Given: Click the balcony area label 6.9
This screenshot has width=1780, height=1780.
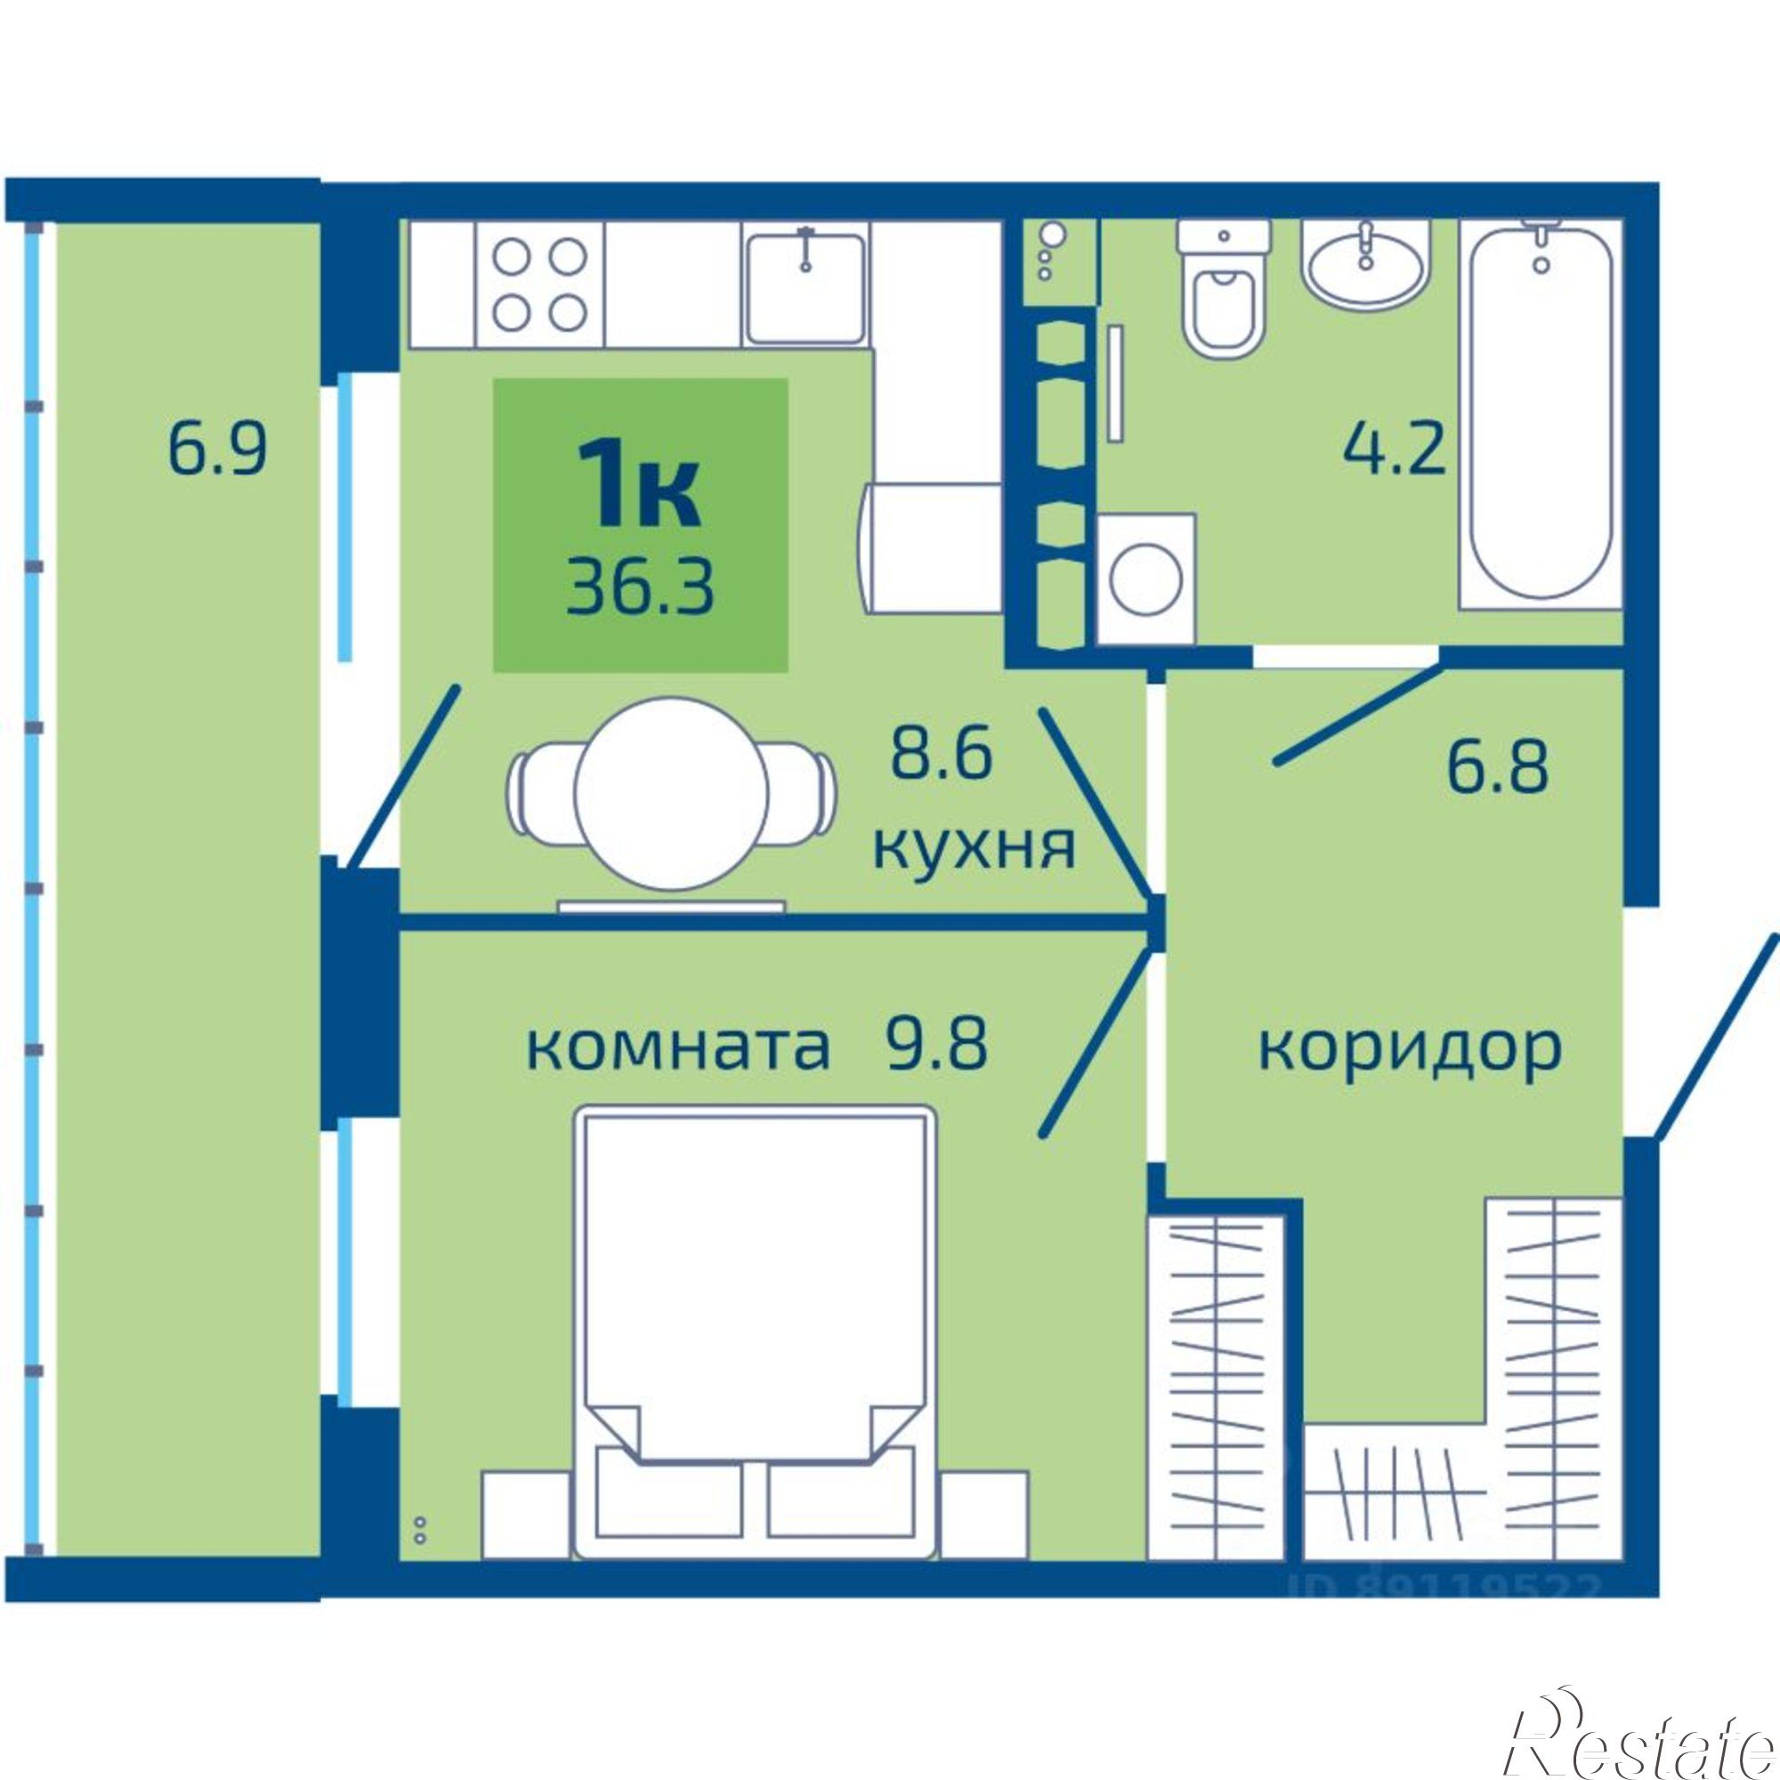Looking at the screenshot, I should [217, 449].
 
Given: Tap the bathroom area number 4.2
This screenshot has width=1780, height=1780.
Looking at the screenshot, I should [1393, 449].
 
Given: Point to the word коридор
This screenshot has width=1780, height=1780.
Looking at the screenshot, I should [1410, 1048].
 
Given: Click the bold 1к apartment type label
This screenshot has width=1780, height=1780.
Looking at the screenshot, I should [639, 495].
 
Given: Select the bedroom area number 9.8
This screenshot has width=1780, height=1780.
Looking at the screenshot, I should [937, 1045].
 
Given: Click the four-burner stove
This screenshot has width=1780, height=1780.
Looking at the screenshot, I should [539, 284].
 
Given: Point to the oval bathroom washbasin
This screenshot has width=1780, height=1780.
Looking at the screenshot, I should [1364, 263].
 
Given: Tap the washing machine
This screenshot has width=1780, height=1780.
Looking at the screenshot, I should [1146, 578].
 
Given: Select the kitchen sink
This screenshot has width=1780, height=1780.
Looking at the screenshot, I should [806, 287].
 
